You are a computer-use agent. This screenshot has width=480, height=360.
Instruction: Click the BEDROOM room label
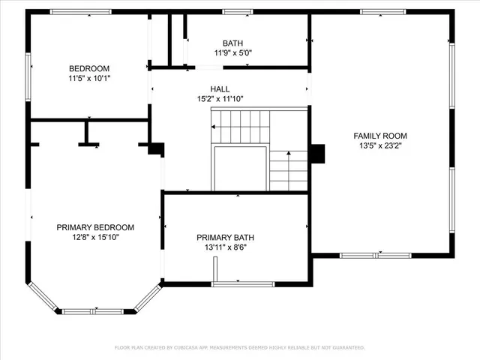(89, 67)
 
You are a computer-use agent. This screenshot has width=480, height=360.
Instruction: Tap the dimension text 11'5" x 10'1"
(89, 77)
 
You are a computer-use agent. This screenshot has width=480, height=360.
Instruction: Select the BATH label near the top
(232, 43)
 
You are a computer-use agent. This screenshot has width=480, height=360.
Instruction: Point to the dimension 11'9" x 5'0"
(232, 53)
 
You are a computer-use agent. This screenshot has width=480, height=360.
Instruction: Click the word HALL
(220, 89)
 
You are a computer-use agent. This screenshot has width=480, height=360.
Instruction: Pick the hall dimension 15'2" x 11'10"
(220, 99)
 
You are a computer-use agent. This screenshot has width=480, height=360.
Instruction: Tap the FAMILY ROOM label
(380, 136)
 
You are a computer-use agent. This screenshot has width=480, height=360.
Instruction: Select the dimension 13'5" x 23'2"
(380, 145)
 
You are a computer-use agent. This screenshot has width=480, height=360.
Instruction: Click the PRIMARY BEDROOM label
(95, 227)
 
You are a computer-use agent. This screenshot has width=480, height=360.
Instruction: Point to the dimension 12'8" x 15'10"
(95, 237)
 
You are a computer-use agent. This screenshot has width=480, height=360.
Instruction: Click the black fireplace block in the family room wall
(318, 153)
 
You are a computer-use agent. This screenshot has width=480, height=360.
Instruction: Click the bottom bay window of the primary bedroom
(96, 311)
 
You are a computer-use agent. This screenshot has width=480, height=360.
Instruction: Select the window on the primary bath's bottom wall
(243, 284)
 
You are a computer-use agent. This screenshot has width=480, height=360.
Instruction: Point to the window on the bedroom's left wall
(29, 73)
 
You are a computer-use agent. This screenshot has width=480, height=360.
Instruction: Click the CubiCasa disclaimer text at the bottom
(239, 348)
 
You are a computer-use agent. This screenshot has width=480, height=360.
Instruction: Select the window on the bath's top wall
(238, 12)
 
